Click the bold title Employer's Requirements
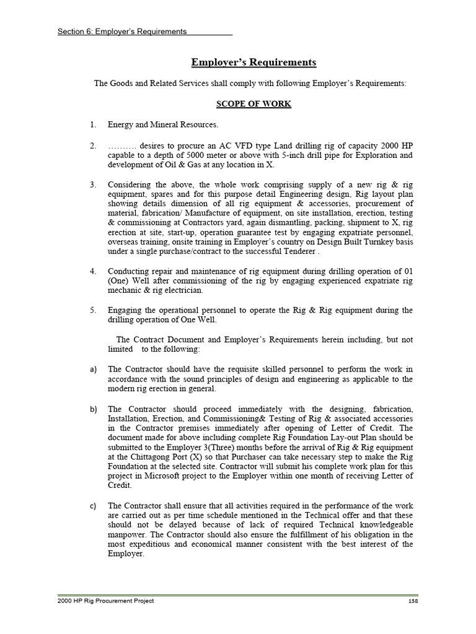tap(253, 63)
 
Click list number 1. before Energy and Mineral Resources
tap(92, 124)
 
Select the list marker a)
tap(93, 369)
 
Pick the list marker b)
tap(93, 409)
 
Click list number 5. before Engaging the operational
tap(92, 310)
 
